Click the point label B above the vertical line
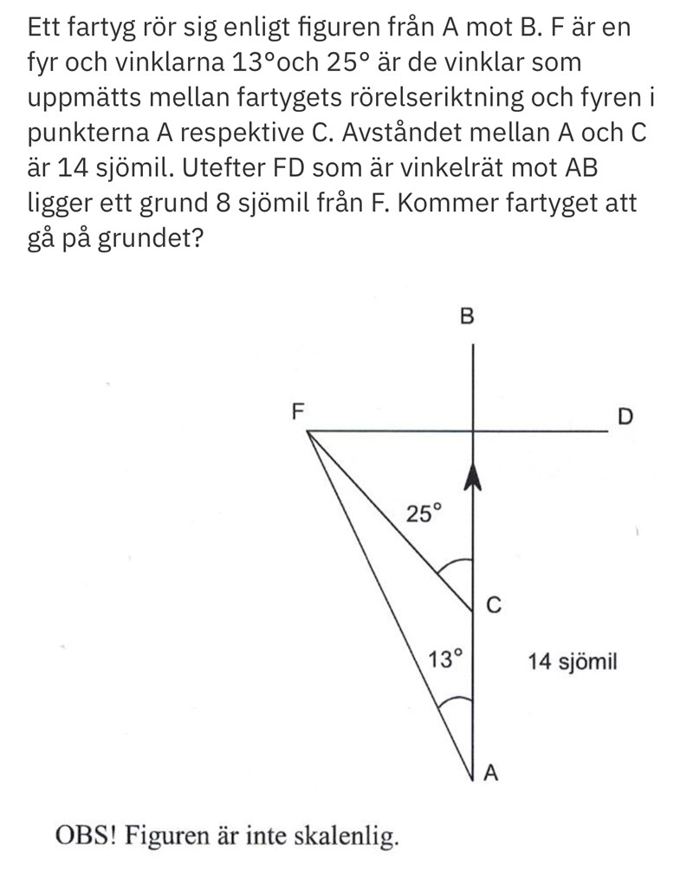pyautogui.click(x=466, y=316)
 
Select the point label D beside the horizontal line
pyautogui.click(x=625, y=417)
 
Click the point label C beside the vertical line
pyautogui.click(x=494, y=605)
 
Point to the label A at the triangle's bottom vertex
pyautogui.click(x=490, y=773)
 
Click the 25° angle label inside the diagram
pyautogui.click(x=424, y=514)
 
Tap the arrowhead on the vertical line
pyautogui.click(x=473, y=476)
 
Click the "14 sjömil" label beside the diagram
pyautogui.click(x=572, y=663)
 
